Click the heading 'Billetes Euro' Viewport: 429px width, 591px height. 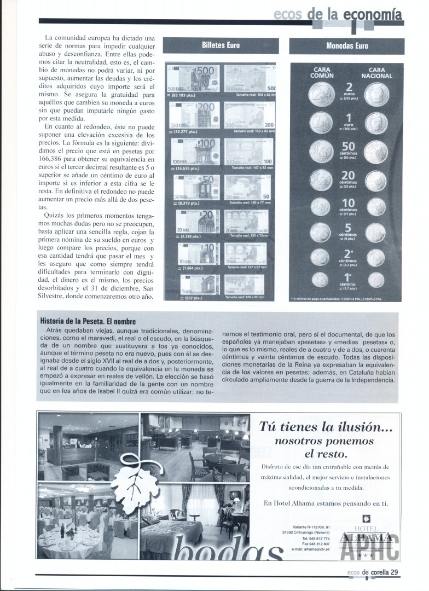(221, 45)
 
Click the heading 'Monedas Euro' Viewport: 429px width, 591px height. (347, 46)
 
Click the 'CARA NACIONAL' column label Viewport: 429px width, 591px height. (377, 73)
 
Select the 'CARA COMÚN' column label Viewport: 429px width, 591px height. (321, 73)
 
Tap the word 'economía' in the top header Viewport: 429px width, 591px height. (374, 14)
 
